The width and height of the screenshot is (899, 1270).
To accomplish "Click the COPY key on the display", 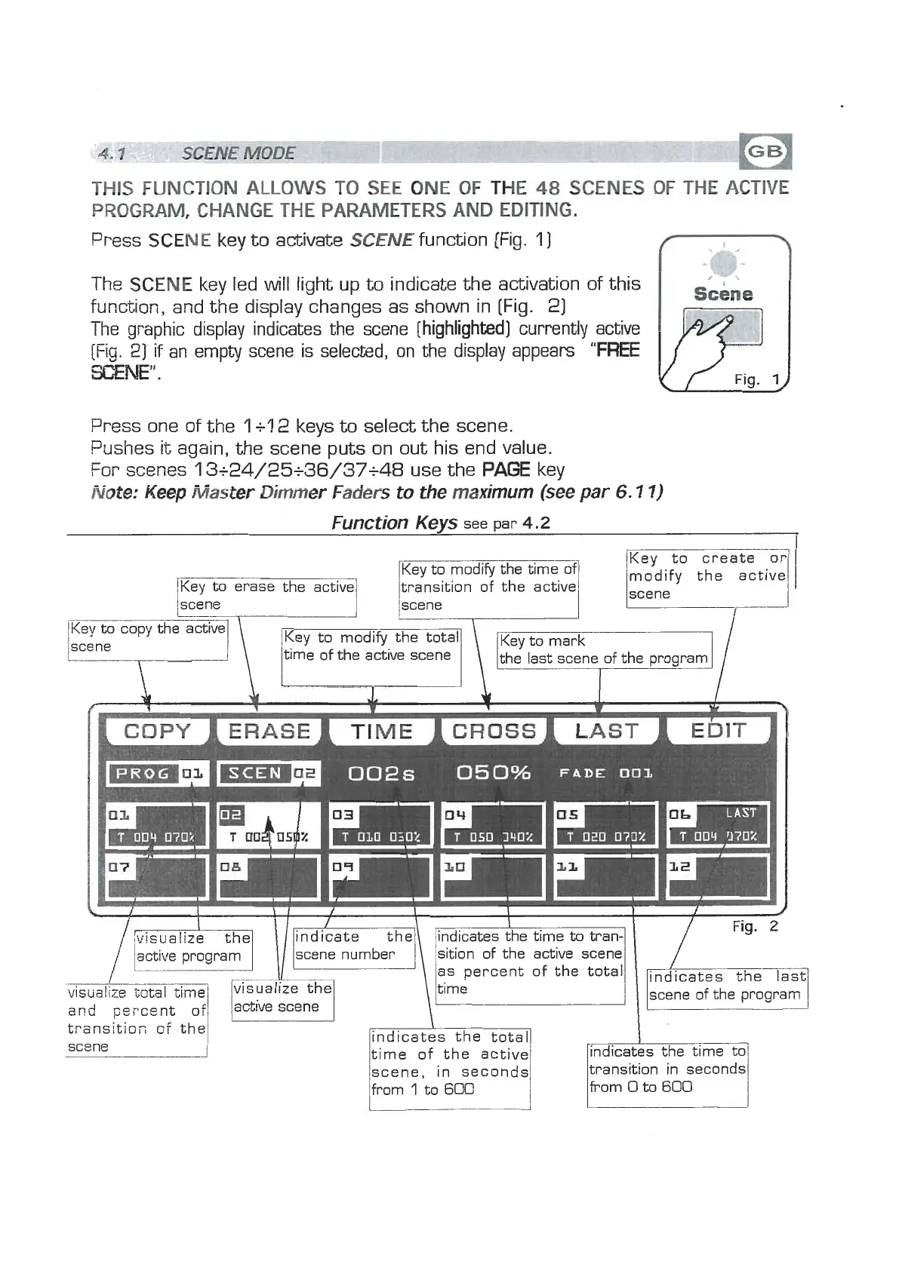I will pyautogui.click(x=157, y=731).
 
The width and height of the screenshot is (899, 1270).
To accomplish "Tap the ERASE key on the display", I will pyautogui.click(x=269, y=731).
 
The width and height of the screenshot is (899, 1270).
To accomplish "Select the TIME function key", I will pyautogui.click(x=382, y=731).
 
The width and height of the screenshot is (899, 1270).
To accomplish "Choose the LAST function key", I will pyautogui.click(x=606, y=731).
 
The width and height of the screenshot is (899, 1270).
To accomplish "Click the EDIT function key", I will pyautogui.click(x=719, y=731).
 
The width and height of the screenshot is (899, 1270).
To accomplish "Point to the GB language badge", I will pyautogui.click(x=765, y=152).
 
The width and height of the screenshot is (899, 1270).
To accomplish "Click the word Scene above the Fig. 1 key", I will pyautogui.click(x=723, y=294).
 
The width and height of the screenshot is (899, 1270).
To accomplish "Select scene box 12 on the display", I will pyautogui.click(x=718, y=876).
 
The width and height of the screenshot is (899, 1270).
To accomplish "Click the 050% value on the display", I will pyautogui.click(x=494, y=773).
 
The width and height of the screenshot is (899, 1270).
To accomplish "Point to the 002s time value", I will pyautogui.click(x=382, y=774).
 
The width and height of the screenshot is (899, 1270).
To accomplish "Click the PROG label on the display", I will pyautogui.click(x=143, y=774).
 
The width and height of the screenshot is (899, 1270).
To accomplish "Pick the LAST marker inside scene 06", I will pyautogui.click(x=740, y=813).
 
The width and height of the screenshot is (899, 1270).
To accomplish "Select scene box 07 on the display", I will pyautogui.click(x=157, y=876).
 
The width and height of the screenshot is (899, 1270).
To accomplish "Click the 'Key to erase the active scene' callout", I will pyautogui.click(x=266, y=596).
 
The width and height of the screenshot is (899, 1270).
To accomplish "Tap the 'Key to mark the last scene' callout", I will pyautogui.click(x=603, y=649).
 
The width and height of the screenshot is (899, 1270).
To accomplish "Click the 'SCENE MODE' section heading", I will pyautogui.click(x=239, y=153).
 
